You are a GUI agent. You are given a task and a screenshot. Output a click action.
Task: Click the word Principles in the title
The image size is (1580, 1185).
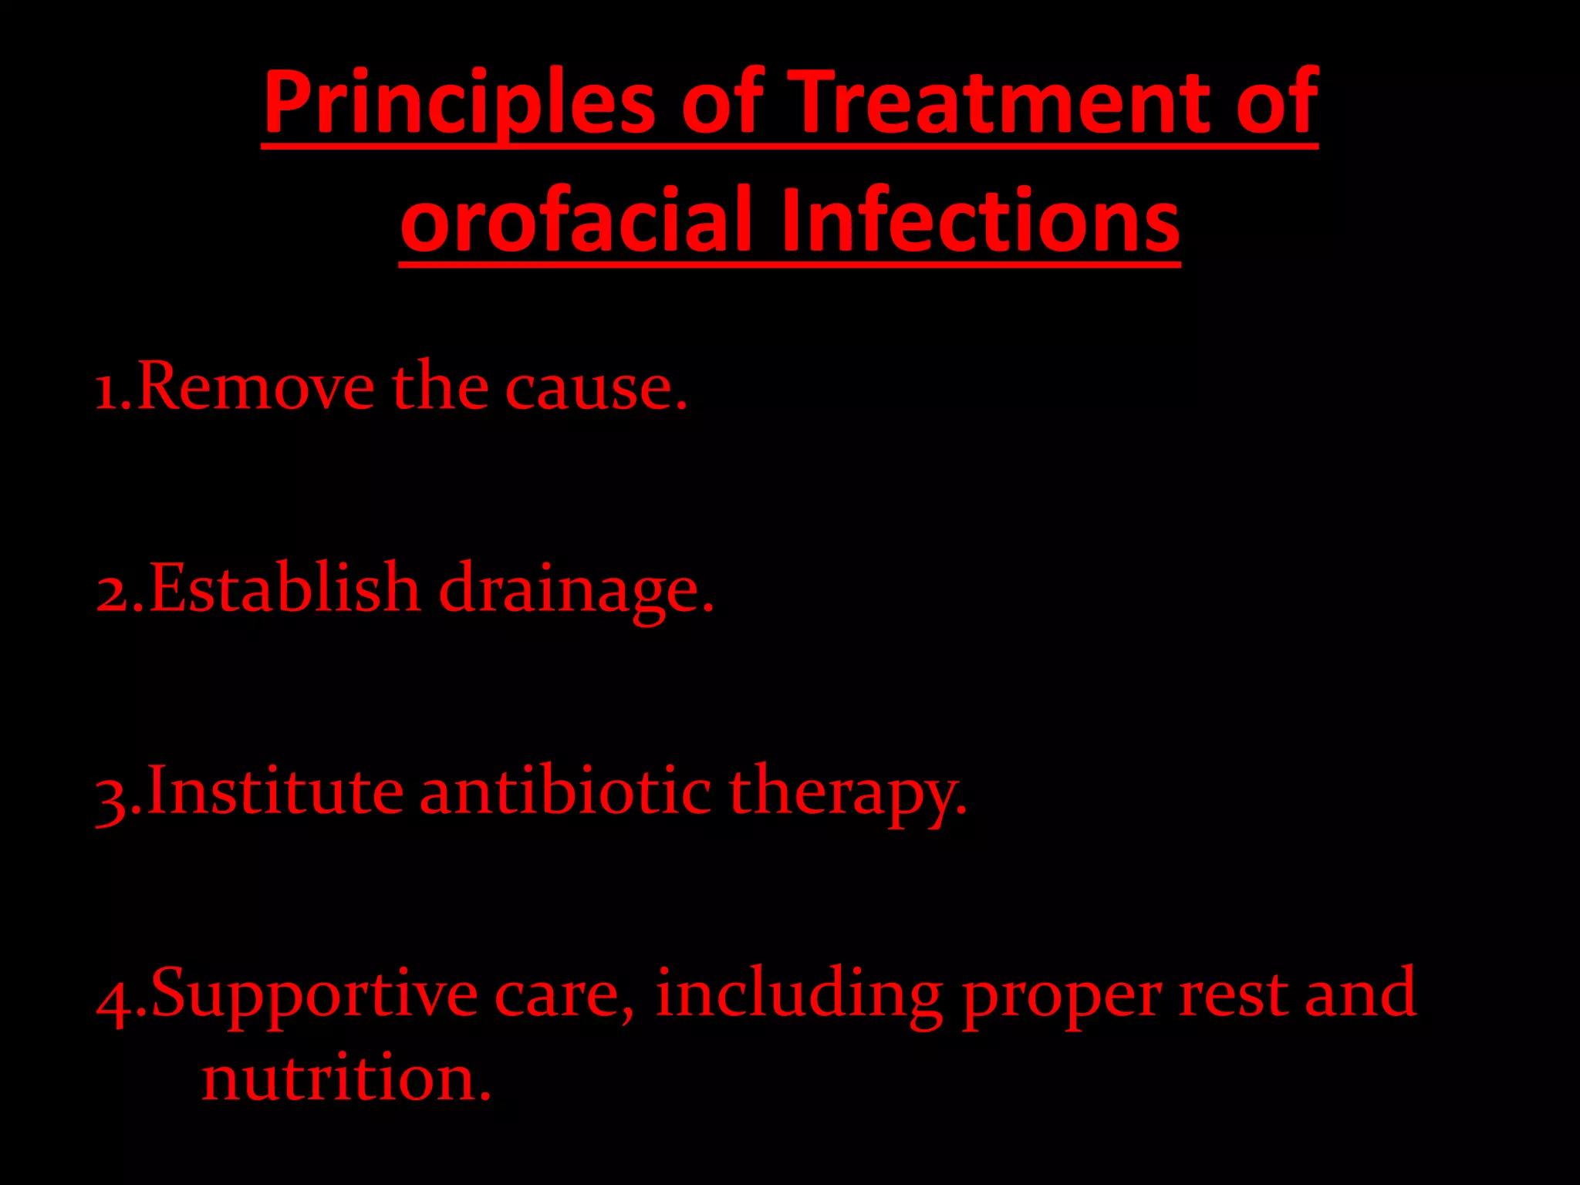(459, 104)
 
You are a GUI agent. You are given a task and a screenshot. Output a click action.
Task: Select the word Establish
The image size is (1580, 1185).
(284, 588)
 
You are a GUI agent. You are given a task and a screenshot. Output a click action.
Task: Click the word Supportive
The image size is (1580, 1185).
(315, 995)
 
